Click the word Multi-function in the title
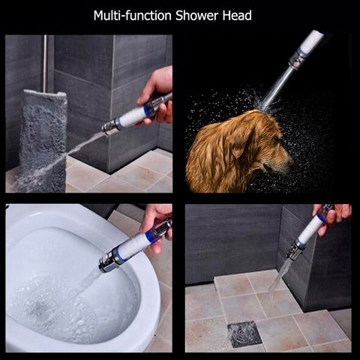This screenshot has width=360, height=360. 133,16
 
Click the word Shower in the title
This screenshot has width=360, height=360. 197,16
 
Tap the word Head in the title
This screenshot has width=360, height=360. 237,16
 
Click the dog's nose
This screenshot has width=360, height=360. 290,163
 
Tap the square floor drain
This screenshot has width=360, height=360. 244,334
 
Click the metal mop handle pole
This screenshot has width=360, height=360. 45,64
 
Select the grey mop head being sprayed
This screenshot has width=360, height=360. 43,140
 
